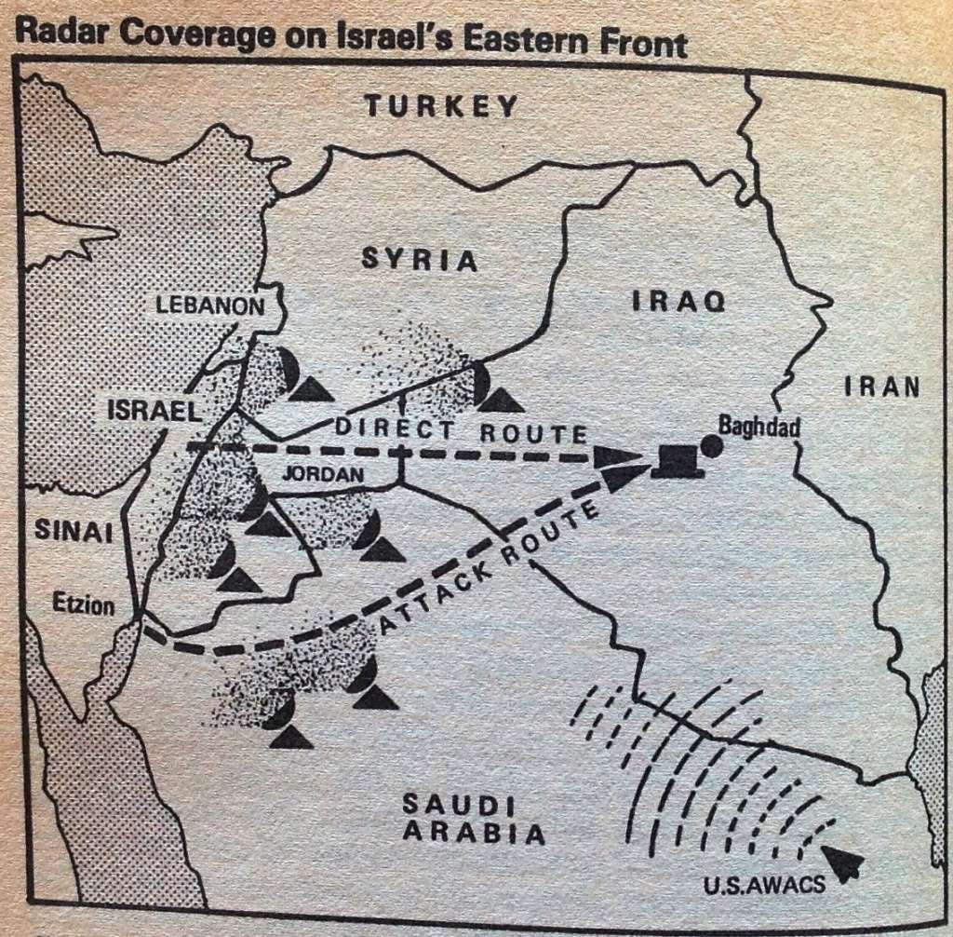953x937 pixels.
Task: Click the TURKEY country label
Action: [440, 105]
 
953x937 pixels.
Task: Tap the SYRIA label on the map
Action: [419, 259]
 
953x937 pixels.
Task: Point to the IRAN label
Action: [882, 387]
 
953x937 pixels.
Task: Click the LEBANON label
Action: [209, 305]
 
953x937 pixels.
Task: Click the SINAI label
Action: [74, 531]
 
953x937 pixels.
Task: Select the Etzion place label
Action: [83, 606]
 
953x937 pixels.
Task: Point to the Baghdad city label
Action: [758, 424]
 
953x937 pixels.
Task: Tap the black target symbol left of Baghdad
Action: [677, 461]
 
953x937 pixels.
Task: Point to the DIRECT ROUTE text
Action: [461, 431]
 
